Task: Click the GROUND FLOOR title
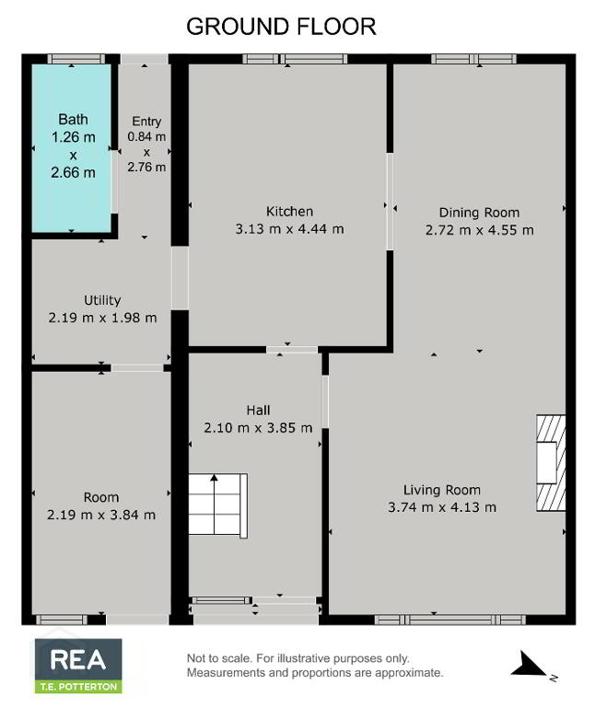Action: point(281,27)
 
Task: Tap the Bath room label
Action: point(73,120)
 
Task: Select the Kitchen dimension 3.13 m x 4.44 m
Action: point(289,229)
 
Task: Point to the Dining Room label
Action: point(479,213)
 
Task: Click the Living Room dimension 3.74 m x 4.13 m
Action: point(442,507)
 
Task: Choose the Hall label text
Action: point(258,411)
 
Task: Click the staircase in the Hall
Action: point(217,506)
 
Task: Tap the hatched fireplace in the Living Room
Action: point(551,463)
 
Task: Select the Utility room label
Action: point(102,301)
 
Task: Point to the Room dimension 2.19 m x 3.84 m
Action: point(101,515)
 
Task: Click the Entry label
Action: point(146,122)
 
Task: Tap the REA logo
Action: point(78,660)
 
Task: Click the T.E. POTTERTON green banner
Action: point(78,687)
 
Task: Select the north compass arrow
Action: point(529,664)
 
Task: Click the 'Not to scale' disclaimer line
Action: point(298,658)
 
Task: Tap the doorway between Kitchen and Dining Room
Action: point(390,202)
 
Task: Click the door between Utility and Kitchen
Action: point(180,278)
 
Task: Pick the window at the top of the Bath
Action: point(76,59)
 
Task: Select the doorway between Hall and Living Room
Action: point(325,401)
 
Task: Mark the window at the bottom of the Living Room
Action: point(450,620)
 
